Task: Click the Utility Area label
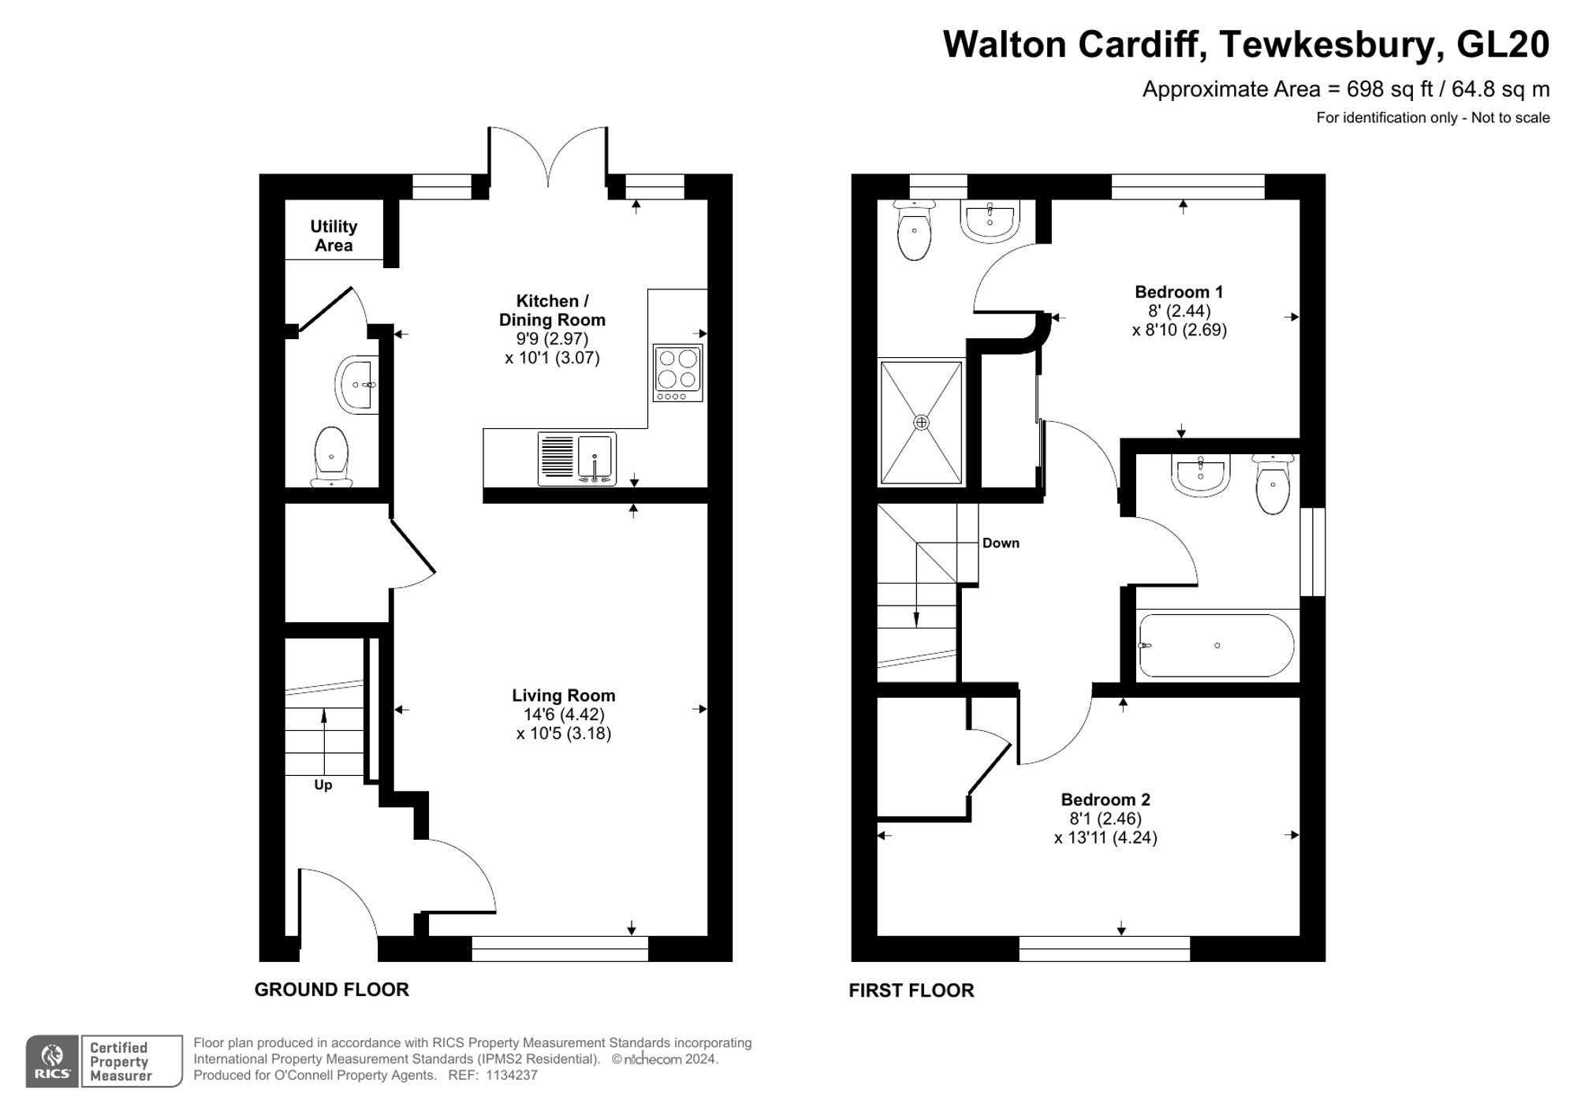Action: click(334, 236)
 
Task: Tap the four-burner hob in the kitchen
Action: click(677, 372)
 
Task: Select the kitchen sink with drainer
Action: click(576, 458)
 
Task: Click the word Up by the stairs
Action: click(323, 785)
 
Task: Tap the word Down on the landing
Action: click(1001, 543)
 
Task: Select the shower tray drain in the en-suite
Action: click(921, 422)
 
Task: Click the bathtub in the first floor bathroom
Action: click(1216, 645)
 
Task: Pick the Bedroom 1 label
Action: click(1179, 292)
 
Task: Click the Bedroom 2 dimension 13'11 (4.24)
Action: click(1105, 837)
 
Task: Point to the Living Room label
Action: click(563, 695)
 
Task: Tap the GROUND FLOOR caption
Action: click(331, 990)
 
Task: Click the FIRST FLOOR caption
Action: click(911, 990)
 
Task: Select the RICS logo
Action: click(52, 1061)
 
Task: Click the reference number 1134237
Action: click(512, 1076)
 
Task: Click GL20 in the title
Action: click(1502, 44)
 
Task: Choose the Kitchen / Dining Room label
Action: click(552, 310)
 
